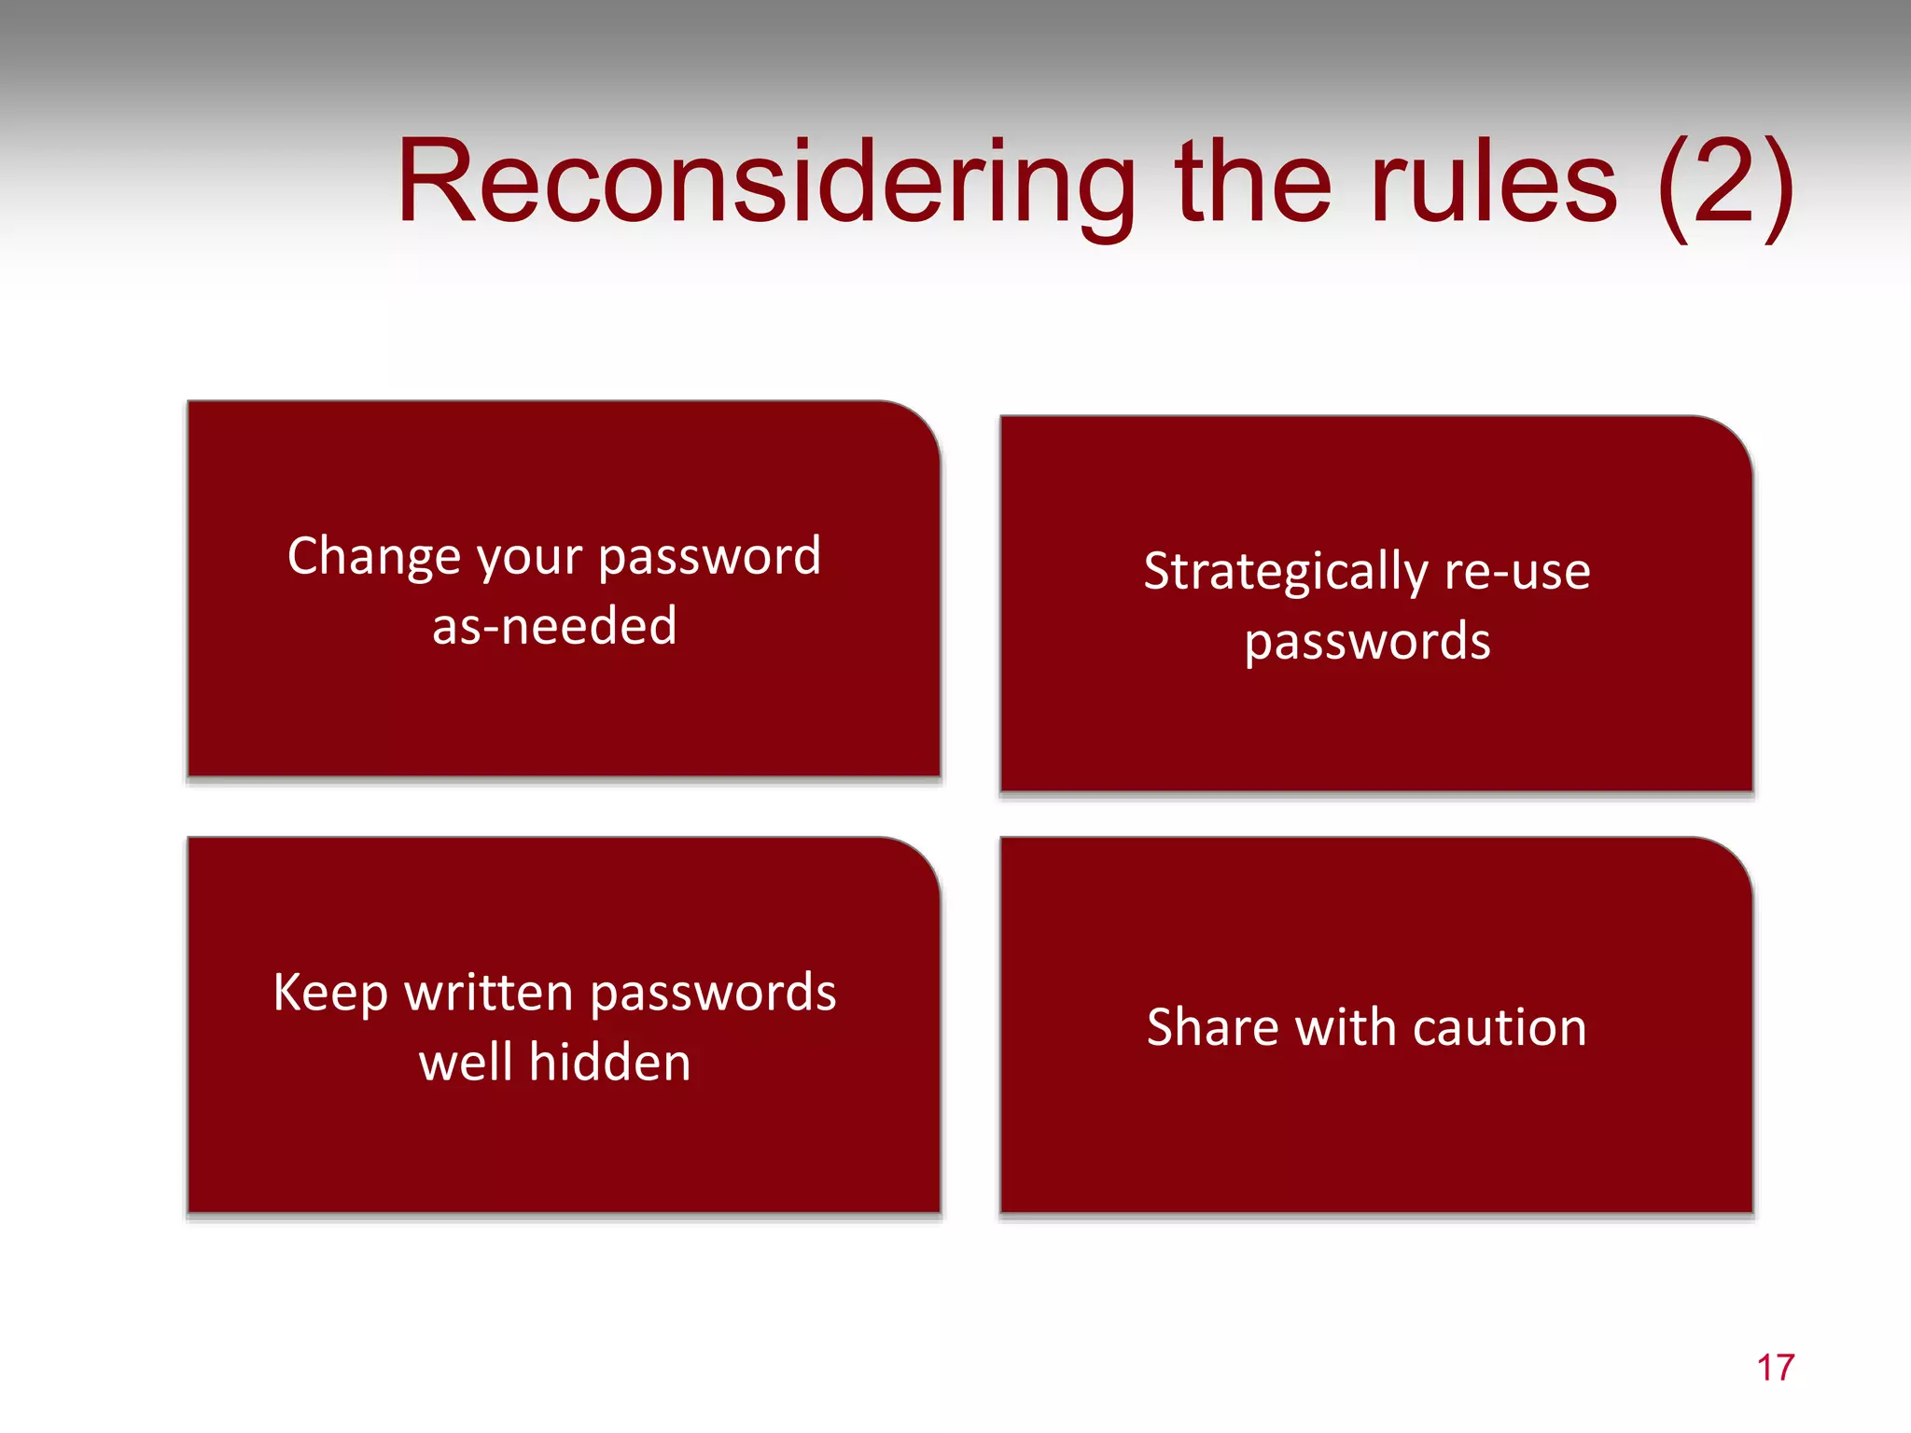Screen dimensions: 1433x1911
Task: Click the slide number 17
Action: (x=1775, y=1368)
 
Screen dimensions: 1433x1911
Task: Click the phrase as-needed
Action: (x=554, y=626)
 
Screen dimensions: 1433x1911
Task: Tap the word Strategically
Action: (x=1285, y=573)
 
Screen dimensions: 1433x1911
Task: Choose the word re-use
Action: (x=1517, y=571)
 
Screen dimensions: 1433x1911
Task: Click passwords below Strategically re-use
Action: (x=1367, y=643)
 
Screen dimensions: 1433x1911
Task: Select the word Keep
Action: (x=330, y=993)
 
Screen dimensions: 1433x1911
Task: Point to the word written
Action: (x=489, y=993)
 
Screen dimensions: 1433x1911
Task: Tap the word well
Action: (x=465, y=1063)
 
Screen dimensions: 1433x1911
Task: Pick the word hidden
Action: (x=610, y=1063)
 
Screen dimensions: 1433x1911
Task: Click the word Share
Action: (x=1212, y=1028)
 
